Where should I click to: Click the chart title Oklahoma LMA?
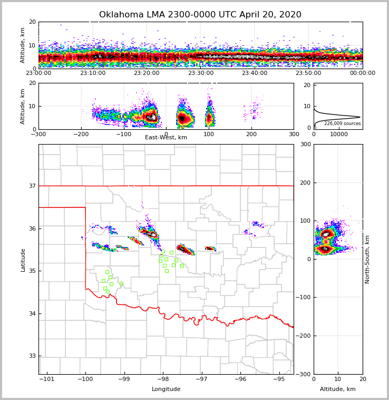(x=200, y=15)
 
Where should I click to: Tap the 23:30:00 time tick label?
(x=201, y=73)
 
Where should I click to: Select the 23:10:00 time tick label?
(x=93, y=73)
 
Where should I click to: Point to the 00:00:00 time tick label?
(x=363, y=73)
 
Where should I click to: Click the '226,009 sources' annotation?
(x=343, y=123)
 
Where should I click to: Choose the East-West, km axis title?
(x=166, y=138)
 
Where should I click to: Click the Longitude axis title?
(x=166, y=389)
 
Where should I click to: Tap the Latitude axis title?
(x=23, y=260)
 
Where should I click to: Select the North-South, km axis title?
(x=367, y=260)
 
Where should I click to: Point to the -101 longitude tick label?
(x=46, y=379)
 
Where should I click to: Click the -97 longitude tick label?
(x=202, y=379)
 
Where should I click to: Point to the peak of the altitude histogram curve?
(x=360, y=117)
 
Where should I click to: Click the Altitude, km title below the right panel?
(x=338, y=389)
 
